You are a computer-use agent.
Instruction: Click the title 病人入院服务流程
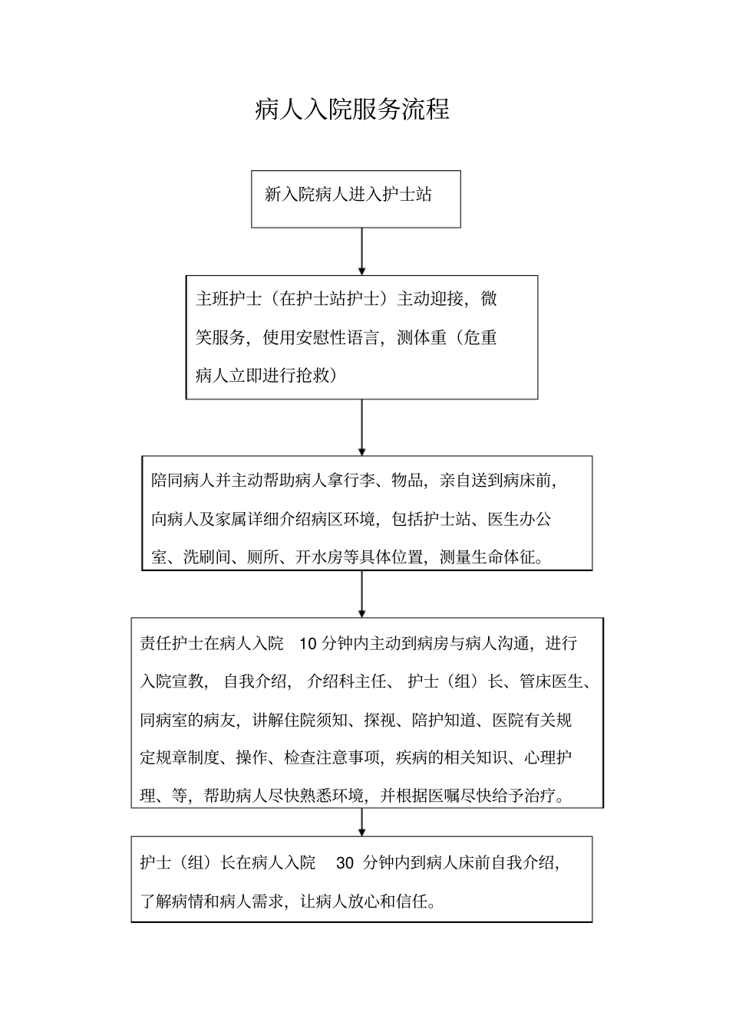point(352,110)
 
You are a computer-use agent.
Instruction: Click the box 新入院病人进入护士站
point(355,199)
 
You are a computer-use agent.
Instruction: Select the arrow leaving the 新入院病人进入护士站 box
point(362,251)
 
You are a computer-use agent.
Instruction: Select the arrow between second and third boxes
point(362,427)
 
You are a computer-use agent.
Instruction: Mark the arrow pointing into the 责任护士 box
point(362,594)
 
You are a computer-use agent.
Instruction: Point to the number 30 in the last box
point(345,863)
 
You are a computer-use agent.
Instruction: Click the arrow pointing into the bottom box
point(362,822)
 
